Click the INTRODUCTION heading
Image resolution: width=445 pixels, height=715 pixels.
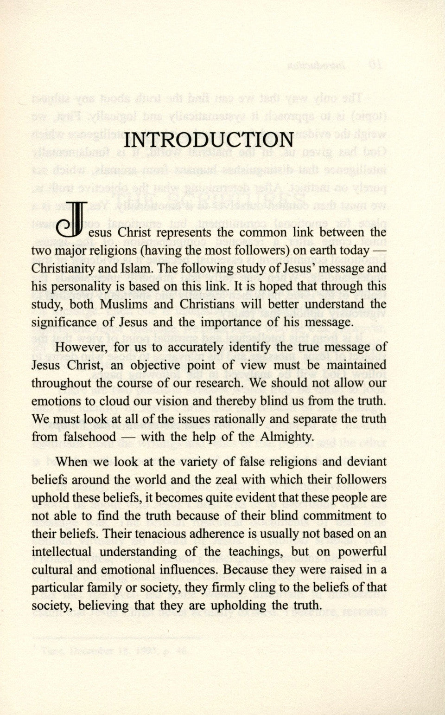[x=210, y=140]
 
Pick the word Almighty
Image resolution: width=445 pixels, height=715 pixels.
[x=287, y=437]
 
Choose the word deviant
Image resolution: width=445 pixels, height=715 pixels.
[x=364, y=462]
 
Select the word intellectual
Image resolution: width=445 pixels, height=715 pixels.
[x=63, y=552]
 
